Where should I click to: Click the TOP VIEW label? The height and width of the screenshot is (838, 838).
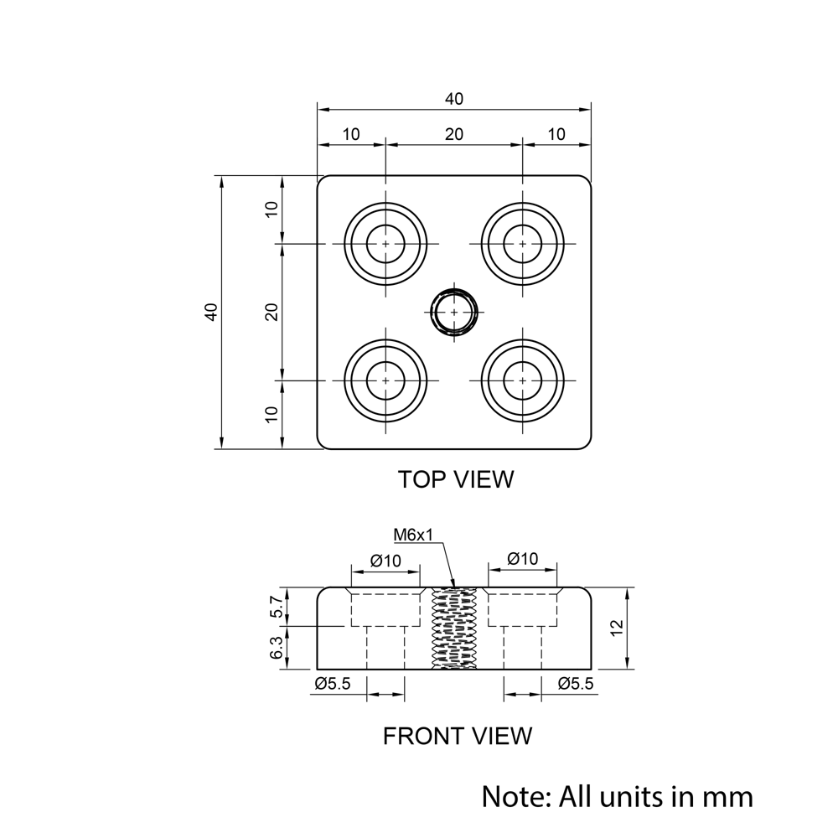455,479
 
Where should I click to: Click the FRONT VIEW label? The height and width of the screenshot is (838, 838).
457,736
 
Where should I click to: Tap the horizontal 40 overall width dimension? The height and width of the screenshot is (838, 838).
453,99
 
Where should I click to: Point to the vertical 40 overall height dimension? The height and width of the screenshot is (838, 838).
212,312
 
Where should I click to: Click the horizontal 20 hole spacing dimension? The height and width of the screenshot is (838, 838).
453,134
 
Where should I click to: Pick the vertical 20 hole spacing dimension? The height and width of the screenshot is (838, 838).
272,312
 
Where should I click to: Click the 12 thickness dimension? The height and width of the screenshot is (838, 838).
616,628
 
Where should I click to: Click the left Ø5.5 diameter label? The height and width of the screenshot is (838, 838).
333,684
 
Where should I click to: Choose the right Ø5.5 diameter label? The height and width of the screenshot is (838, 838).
576,684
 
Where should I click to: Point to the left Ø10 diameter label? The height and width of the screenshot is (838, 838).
385,561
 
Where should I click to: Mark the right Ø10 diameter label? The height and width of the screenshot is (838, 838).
523,559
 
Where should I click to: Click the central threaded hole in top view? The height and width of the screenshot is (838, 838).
454,312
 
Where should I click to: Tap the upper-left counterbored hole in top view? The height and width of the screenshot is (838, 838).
385,243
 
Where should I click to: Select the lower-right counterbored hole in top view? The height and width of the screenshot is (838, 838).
523,380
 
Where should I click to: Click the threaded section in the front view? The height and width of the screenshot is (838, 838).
453,628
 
